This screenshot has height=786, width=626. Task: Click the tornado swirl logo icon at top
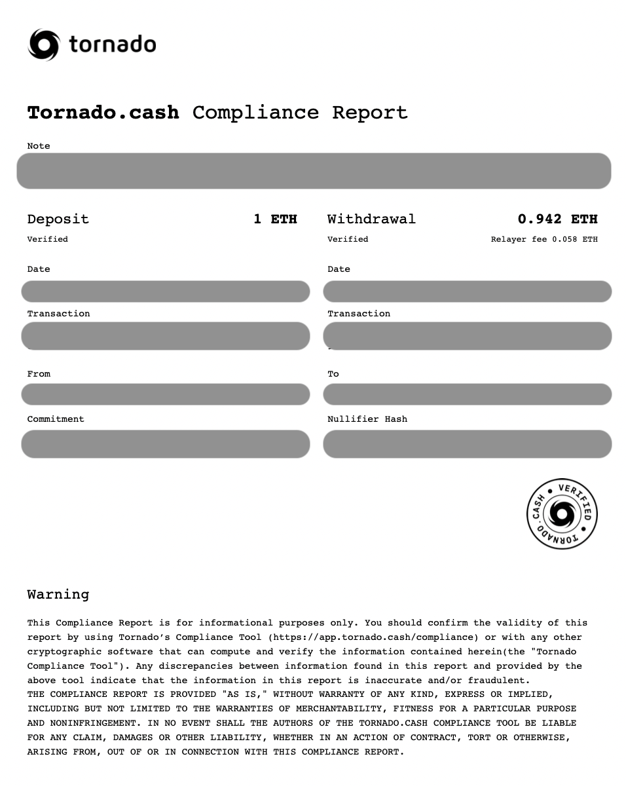(x=44, y=45)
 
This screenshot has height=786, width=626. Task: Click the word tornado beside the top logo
(x=113, y=45)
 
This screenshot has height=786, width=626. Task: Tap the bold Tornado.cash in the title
(x=103, y=113)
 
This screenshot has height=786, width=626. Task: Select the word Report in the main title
(x=370, y=113)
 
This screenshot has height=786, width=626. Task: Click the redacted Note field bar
(x=314, y=171)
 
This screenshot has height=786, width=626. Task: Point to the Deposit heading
(x=58, y=219)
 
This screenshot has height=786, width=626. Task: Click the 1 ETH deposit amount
(x=275, y=219)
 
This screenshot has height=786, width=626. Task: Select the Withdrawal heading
(x=371, y=219)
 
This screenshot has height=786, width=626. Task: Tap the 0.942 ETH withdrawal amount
(x=557, y=219)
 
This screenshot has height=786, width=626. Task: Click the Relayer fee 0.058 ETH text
(x=544, y=239)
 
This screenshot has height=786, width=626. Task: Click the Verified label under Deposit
(x=47, y=239)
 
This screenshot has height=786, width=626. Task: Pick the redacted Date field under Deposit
(x=165, y=291)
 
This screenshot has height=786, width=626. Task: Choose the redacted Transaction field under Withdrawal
(x=467, y=336)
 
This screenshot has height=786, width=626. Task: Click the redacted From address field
(x=165, y=394)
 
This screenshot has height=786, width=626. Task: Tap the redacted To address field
(x=467, y=394)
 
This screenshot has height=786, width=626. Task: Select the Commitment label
(x=56, y=419)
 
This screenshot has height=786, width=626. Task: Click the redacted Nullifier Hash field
(x=467, y=444)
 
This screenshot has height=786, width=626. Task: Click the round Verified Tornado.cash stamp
(x=562, y=514)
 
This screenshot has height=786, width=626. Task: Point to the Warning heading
(x=58, y=595)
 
